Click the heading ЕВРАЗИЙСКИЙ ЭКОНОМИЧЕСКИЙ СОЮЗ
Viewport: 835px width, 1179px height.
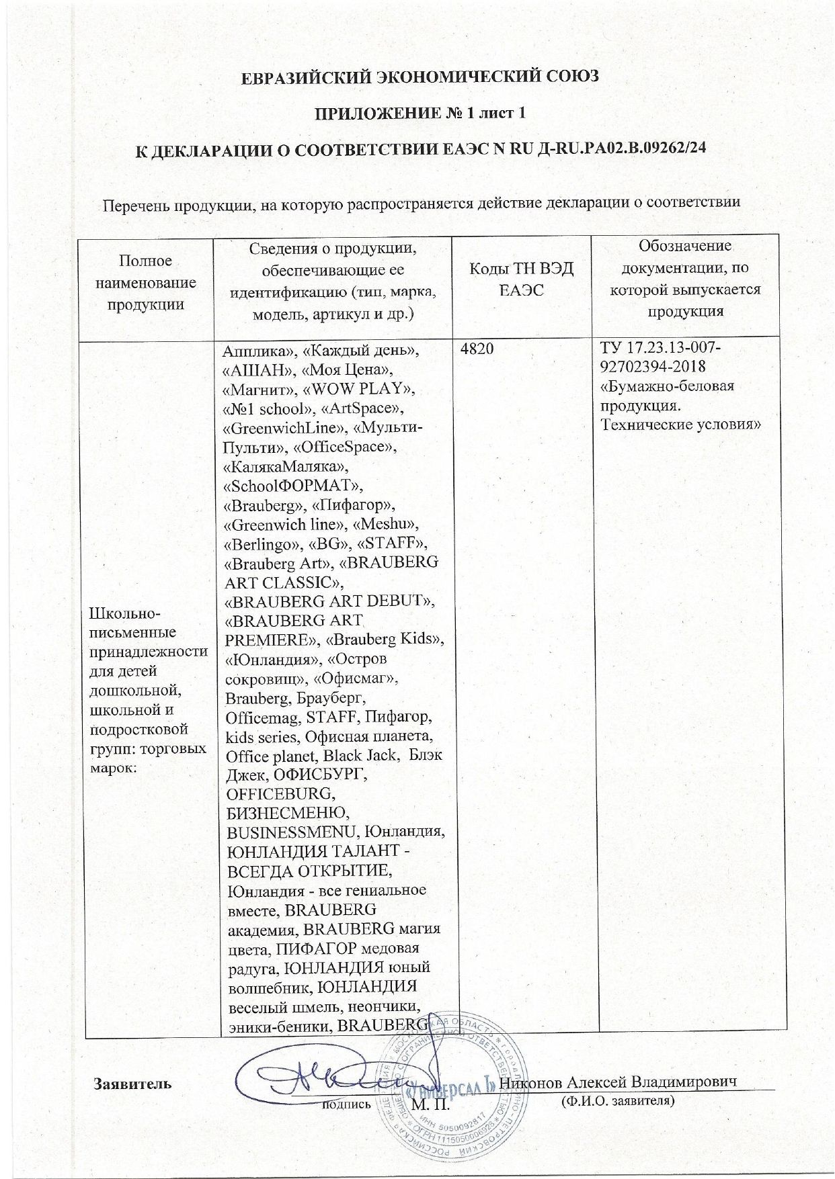[420, 77]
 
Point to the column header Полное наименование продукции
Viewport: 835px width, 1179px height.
[145, 282]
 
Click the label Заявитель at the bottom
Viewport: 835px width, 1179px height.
[132, 1083]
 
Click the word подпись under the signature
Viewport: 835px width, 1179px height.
[346, 1102]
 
